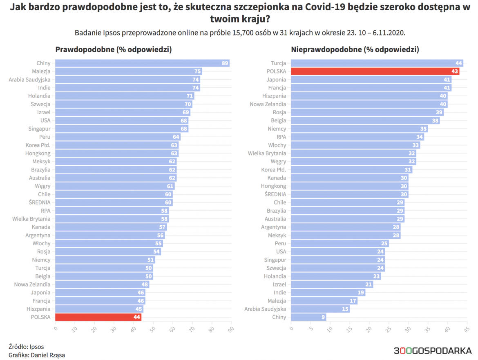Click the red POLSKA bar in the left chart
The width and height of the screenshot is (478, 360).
coord(98,317)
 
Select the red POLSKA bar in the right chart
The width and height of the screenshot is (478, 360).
coord(375,71)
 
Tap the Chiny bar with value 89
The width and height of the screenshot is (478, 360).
coord(142,63)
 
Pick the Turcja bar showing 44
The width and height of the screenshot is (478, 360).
coord(377,63)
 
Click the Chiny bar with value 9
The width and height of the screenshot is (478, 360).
coord(308,317)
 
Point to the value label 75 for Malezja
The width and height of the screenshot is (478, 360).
coord(197,71)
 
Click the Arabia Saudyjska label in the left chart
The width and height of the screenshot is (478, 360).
coord(29,80)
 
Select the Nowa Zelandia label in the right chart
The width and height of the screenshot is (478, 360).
coord(268,104)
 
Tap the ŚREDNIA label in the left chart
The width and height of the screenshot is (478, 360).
coord(40,202)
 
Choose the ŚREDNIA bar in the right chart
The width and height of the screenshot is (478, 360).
coord(350,194)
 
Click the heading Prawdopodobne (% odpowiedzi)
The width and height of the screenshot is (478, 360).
coord(113,50)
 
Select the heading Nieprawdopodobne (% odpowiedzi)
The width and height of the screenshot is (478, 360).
coord(355,50)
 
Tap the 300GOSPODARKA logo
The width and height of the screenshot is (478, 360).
coord(432,350)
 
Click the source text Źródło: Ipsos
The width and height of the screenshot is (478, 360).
coord(26,347)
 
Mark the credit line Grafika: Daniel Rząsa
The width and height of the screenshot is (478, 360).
coord(36,355)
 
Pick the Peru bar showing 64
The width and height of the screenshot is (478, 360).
coord(118,137)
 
